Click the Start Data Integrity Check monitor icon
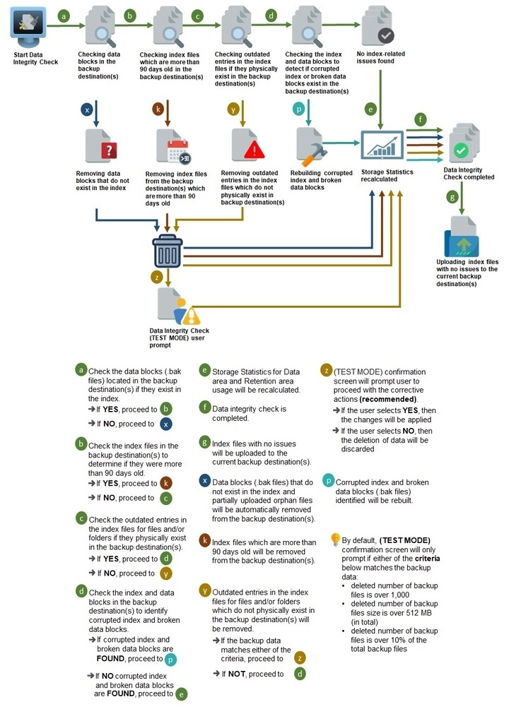[28, 25]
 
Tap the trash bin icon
[168, 251]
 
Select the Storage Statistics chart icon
[382, 145]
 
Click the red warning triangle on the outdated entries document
[255, 150]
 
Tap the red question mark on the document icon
[109, 150]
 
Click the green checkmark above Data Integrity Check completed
[461, 150]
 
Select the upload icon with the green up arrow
[462, 237]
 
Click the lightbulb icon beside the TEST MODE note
[335, 539]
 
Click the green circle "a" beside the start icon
[64, 16]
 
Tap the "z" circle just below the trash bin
[157, 277]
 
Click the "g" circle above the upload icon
[452, 197]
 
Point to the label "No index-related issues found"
[380, 57]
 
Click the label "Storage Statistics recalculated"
[387, 175]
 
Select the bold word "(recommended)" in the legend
[388, 399]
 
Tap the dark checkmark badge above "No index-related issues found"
[386, 35]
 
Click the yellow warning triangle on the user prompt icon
[191, 316]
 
